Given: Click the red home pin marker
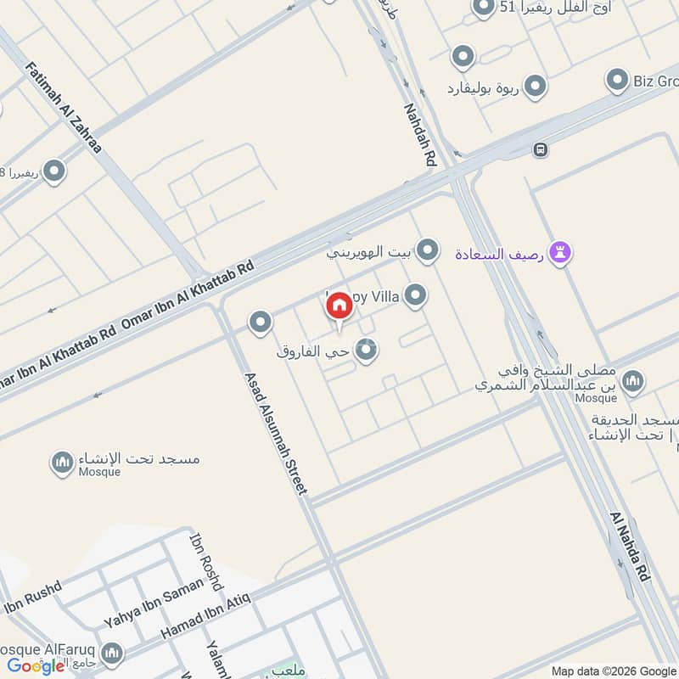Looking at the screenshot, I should pyautogui.click(x=339, y=306).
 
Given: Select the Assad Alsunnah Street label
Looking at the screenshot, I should pyautogui.click(x=276, y=434).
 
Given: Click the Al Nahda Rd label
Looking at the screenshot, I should pyautogui.click(x=630, y=547).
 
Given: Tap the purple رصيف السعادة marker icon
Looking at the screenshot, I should pyautogui.click(x=559, y=252).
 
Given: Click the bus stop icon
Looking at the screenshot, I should pyautogui.click(x=540, y=150).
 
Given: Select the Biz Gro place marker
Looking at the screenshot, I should pyautogui.click(x=617, y=81).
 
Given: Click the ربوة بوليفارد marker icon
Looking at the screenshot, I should pyautogui.click(x=535, y=87).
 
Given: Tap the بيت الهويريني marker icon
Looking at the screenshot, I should pyautogui.click(x=429, y=250).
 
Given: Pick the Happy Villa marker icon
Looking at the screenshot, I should pyautogui.click(x=415, y=295).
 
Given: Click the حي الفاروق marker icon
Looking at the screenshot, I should pyautogui.click(x=366, y=349).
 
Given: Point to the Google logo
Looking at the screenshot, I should pyautogui.click(x=36, y=666).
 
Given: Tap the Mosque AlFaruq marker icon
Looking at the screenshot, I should pyautogui.click(x=111, y=654).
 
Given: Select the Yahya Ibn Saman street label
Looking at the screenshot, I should pyautogui.click(x=154, y=603).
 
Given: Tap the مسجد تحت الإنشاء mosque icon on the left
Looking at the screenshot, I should pyautogui.click(x=62, y=463).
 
